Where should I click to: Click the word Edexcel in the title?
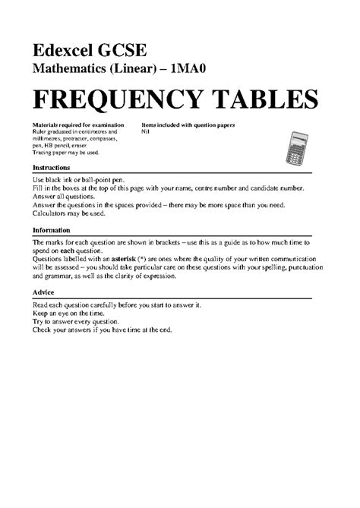click(x=64, y=51)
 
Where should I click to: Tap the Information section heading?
click(x=51, y=229)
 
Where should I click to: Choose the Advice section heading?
click(x=43, y=292)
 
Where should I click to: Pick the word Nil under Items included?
click(x=146, y=131)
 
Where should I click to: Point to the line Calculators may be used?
click(x=74, y=214)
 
